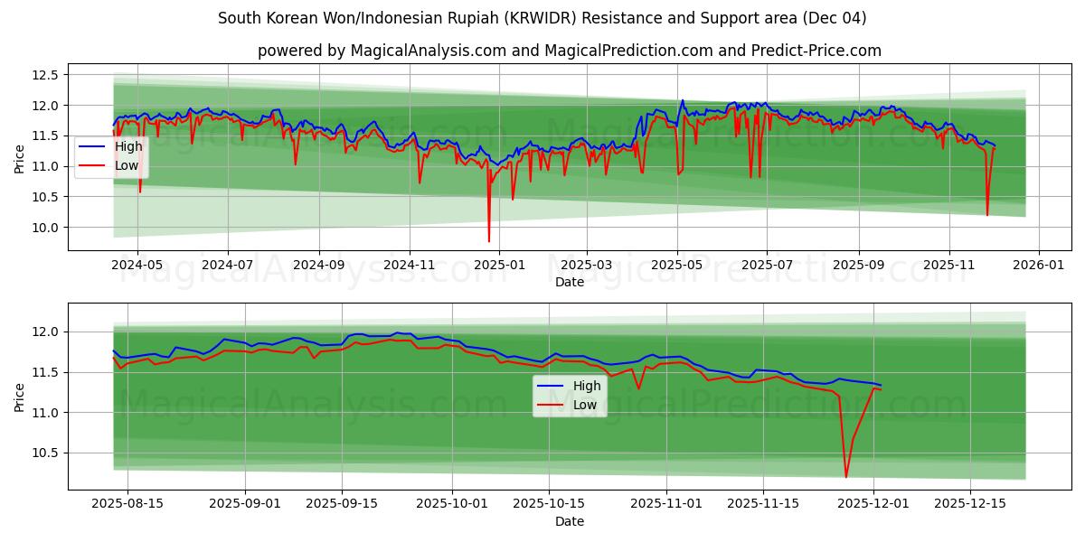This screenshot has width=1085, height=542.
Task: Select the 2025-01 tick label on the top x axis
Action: [498, 266]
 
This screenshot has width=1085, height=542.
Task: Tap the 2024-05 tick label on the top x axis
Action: [137, 266]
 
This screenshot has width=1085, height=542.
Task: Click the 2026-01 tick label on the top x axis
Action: [1038, 266]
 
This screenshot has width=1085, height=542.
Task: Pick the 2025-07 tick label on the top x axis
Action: [767, 266]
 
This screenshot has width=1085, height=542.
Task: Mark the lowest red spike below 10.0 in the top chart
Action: [489, 241]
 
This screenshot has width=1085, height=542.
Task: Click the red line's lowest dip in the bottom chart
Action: [846, 477]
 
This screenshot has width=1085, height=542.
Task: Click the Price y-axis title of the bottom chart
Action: [20, 397]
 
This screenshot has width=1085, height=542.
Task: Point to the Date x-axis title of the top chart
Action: [570, 282]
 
